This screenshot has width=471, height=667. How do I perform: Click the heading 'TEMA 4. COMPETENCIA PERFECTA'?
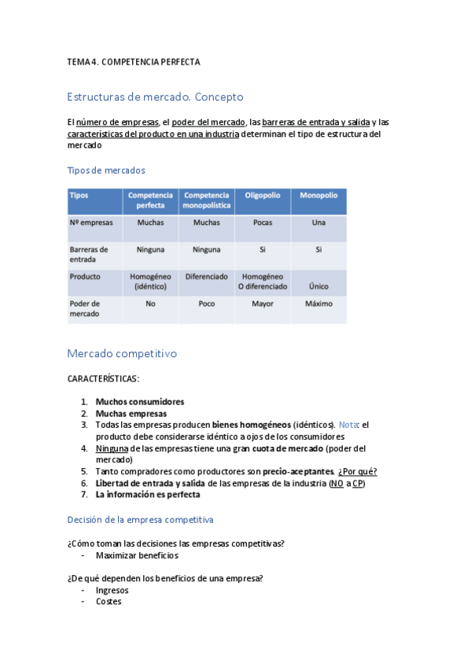(134, 61)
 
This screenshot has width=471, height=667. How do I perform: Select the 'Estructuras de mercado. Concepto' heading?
(156, 98)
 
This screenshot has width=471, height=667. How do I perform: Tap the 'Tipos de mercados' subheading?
(106, 170)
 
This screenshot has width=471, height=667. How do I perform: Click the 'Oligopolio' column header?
(262, 195)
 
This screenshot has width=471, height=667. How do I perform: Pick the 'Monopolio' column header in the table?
(318, 195)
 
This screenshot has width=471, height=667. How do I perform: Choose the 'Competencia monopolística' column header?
(207, 200)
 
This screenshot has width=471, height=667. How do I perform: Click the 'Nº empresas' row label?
(91, 223)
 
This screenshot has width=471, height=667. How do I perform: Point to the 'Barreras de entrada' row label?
(89, 254)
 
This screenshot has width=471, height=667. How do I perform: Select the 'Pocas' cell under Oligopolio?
(263, 223)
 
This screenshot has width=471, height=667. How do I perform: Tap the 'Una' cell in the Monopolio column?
(318, 223)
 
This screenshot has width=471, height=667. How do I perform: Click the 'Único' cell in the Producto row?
(318, 286)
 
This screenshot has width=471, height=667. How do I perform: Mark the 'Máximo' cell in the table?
(318, 304)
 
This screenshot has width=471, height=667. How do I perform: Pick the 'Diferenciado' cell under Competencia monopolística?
(207, 277)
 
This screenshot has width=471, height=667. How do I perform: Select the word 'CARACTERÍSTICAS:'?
(104, 379)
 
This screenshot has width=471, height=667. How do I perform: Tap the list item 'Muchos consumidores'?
(140, 401)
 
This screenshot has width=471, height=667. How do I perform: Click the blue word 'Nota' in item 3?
(348, 425)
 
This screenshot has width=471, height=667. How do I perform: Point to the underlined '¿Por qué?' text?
(357, 471)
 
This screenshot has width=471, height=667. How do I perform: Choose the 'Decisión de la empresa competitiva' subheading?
(140, 520)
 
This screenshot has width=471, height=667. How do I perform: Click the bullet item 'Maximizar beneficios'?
(137, 555)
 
